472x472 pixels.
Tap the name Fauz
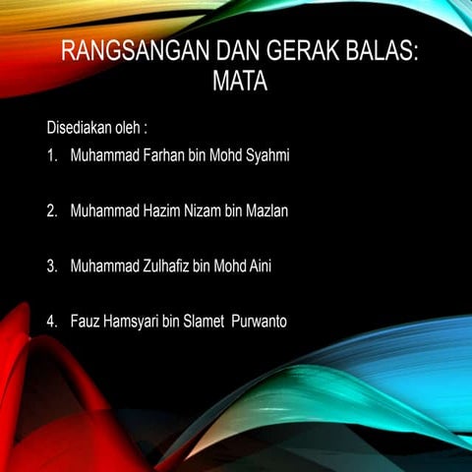tap(86, 321)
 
